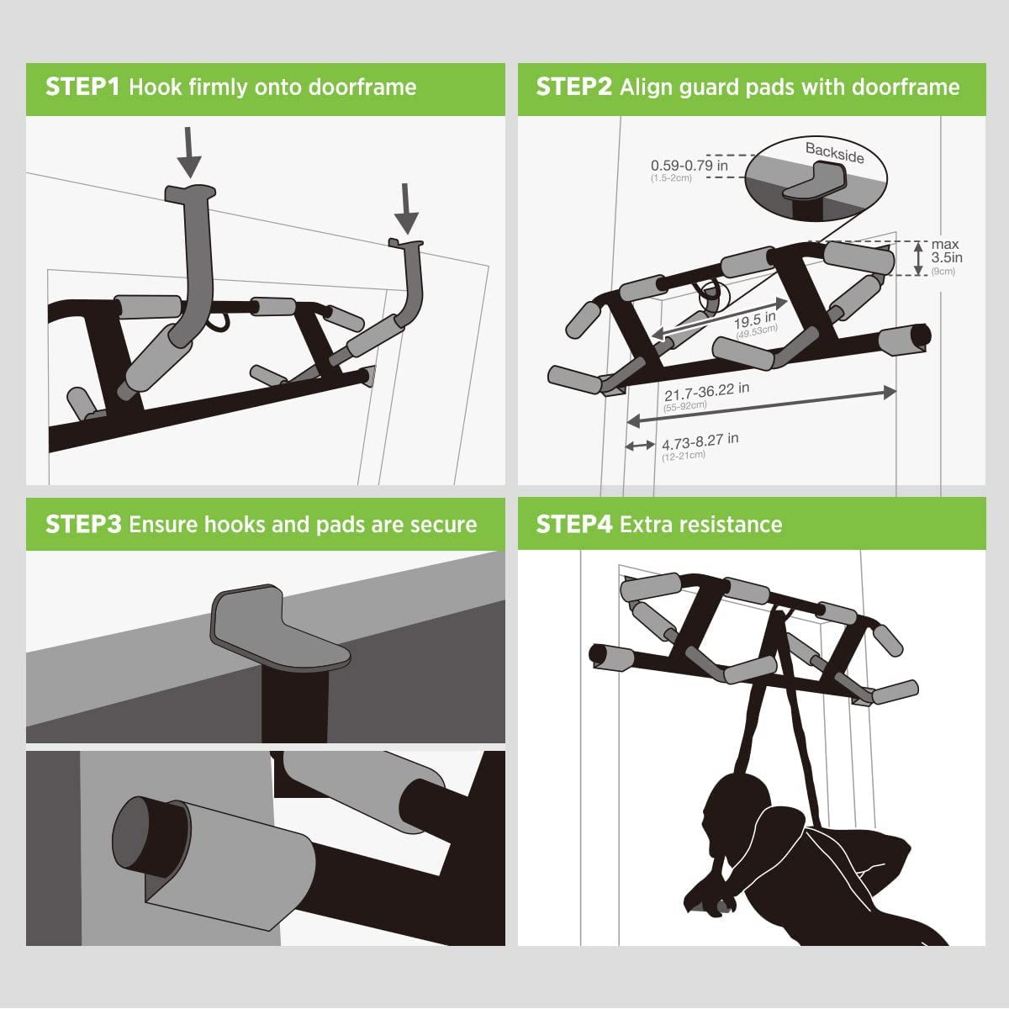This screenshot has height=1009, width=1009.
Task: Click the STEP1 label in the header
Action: [82, 87]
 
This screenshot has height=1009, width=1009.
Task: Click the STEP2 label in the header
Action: [574, 87]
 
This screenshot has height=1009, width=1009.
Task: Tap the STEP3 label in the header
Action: [83, 525]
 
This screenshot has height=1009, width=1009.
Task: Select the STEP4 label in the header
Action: [574, 525]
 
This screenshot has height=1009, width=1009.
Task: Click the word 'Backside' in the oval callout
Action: [834, 153]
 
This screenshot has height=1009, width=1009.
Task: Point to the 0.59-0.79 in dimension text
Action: [689, 166]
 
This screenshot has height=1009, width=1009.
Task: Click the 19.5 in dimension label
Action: [755, 323]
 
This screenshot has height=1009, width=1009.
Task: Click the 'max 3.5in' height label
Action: [946, 252]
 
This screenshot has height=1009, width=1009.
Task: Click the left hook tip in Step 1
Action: [190, 193]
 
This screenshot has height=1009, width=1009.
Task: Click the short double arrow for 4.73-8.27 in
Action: [640, 445]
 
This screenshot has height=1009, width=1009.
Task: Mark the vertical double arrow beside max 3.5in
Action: [918, 258]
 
